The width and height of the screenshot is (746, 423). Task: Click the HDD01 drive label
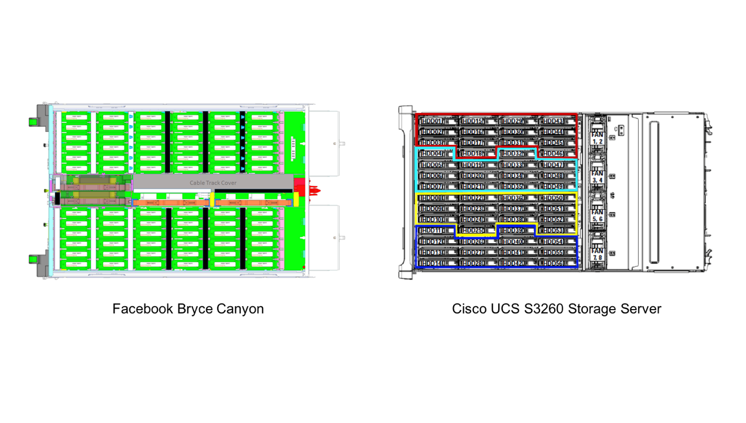432,121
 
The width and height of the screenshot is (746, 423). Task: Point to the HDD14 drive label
432,264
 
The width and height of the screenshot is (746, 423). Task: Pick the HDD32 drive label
512,154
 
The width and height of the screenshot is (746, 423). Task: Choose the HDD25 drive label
472,231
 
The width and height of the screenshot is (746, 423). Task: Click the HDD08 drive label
432,198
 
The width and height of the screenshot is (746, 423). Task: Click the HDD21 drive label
472,187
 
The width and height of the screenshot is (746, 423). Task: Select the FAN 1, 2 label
597,138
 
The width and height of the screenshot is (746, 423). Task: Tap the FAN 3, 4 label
597,177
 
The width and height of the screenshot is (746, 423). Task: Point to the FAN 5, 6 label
597,215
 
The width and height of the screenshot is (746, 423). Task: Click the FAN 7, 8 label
597,254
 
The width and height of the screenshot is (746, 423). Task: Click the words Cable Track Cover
213,183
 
